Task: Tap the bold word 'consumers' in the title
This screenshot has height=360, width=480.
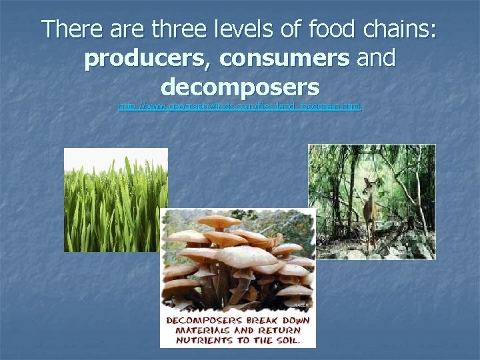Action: pyautogui.click(x=284, y=59)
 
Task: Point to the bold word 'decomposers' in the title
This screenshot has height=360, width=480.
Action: pyautogui.click(x=240, y=87)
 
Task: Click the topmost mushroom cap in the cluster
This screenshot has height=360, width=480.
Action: pyautogui.click(x=220, y=221)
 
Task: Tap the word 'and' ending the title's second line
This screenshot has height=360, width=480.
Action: pyautogui.click(x=376, y=59)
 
